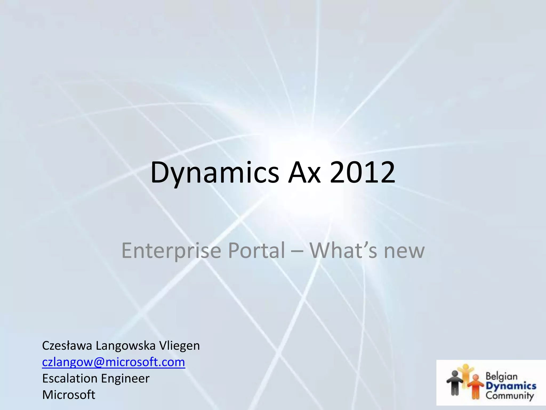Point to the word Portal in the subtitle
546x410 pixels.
(x=256, y=250)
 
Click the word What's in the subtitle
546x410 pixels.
(x=343, y=250)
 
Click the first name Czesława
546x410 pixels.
(x=67, y=345)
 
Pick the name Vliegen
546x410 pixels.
(x=179, y=346)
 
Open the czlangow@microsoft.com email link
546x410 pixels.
(x=114, y=362)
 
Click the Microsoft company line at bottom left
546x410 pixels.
(x=69, y=395)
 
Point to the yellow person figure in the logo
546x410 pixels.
(x=465, y=372)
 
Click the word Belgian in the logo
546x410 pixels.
(x=501, y=376)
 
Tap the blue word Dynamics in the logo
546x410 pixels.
(x=511, y=386)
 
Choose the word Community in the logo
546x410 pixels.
(x=509, y=395)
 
